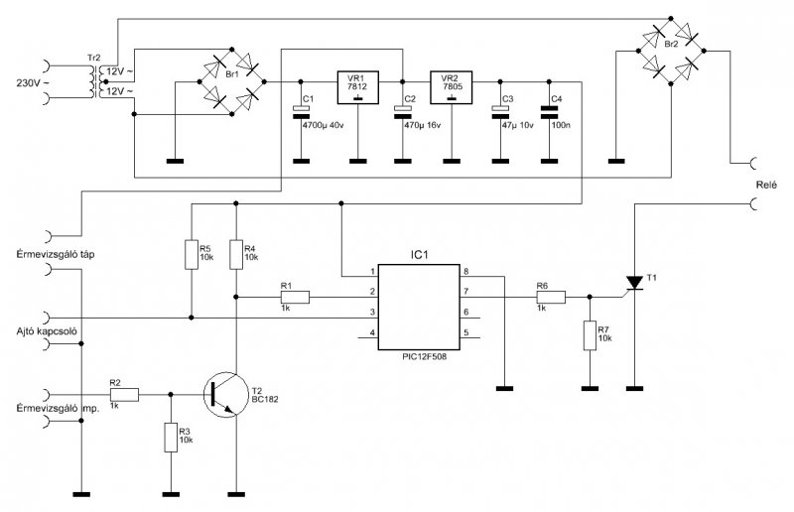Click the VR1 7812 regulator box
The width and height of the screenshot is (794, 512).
358,87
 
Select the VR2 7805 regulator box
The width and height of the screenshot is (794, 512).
452,87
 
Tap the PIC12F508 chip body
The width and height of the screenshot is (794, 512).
419,307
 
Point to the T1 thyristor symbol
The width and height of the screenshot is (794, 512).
634,283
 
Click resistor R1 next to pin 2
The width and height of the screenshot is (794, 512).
294,298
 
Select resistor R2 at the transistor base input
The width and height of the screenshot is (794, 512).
123,395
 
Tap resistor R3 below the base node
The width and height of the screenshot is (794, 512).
171,438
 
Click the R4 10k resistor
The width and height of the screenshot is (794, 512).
236,255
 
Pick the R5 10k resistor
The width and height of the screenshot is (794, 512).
192,255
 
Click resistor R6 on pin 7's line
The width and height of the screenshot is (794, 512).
551,298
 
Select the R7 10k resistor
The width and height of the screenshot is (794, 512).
590,335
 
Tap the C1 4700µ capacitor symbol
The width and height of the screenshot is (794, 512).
302,112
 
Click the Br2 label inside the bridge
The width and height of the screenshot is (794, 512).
671,45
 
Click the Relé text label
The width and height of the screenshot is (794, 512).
766,185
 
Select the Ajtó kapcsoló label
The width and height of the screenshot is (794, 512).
47,331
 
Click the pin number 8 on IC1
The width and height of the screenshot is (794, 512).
466,272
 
